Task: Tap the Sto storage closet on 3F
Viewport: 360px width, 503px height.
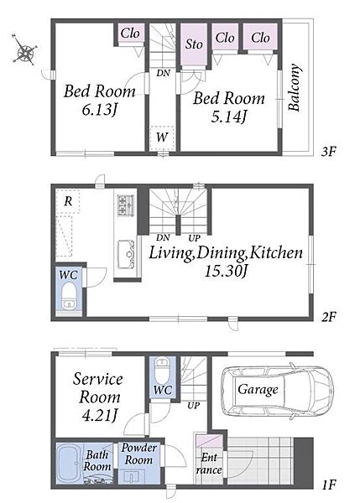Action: coord(193,44)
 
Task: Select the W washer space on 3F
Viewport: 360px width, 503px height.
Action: coord(162,138)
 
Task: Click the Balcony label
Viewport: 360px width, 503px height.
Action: coord(295,87)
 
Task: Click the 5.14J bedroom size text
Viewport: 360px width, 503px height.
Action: coord(228,117)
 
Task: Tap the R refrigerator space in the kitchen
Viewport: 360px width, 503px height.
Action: coord(68,201)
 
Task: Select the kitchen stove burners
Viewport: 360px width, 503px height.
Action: coord(125,205)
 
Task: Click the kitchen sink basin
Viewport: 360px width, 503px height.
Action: coord(126,254)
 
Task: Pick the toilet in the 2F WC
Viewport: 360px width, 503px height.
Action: coord(69,296)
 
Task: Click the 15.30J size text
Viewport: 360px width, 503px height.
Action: coord(226,271)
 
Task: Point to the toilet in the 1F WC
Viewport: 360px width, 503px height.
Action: coord(161,370)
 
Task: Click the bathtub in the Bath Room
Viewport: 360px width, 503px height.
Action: coord(70,464)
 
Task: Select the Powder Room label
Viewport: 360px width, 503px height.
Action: coord(138,454)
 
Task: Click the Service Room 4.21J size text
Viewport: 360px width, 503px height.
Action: coord(99,416)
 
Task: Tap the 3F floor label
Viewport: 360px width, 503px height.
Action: coord(328,151)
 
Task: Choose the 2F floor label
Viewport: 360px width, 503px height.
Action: coord(328,317)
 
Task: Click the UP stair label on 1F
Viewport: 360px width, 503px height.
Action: coord(193,406)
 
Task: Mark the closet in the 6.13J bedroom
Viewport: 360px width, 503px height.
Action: coord(130,33)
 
